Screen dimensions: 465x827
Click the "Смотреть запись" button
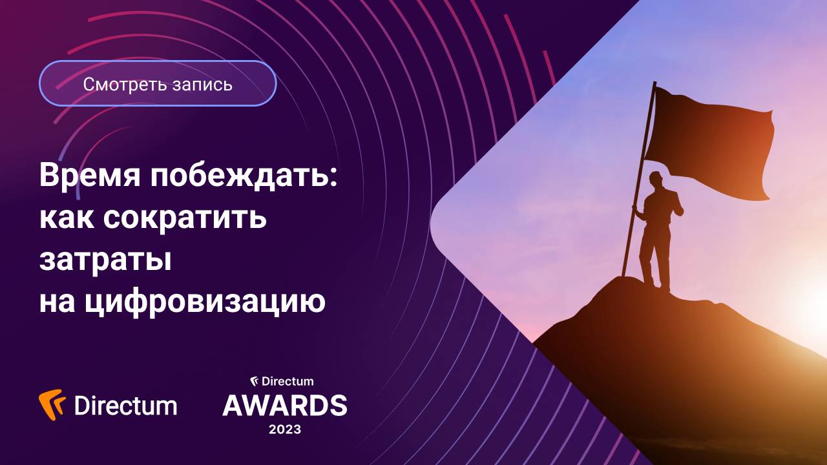[x=158, y=83]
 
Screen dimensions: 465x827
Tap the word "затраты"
[x=105, y=260]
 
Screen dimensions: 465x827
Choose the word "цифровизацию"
[x=205, y=302]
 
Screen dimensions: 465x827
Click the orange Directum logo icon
[x=52, y=405]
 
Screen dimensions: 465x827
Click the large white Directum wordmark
[x=125, y=406]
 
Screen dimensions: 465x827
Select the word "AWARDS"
[x=285, y=406]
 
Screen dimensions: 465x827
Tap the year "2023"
[x=285, y=429]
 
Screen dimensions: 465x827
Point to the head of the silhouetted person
[x=656, y=179]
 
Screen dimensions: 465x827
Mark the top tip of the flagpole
[x=654, y=83]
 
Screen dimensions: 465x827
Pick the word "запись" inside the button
[x=202, y=84]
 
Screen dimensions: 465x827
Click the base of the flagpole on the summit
[x=624, y=275]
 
